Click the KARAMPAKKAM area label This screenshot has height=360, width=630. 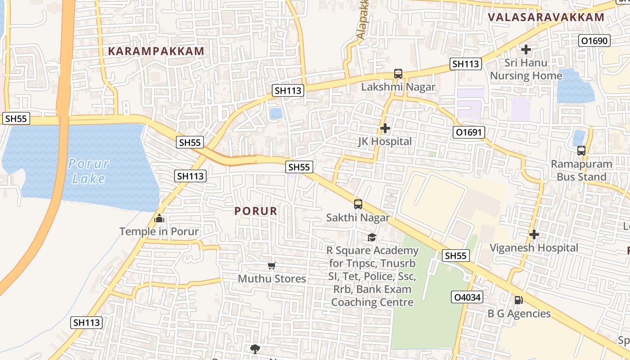(x=156, y=51)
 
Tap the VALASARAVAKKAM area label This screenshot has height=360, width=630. (x=546, y=18)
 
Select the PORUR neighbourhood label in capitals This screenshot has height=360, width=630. (x=256, y=211)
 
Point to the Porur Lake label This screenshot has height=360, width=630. (x=89, y=171)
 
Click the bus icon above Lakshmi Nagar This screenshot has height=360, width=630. (x=398, y=74)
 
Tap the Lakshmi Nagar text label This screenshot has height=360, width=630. (x=398, y=87)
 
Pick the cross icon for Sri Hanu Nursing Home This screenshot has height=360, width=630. (x=526, y=49)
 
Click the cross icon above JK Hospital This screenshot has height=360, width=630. (x=385, y=129)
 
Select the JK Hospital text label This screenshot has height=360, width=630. (x=385, y=141)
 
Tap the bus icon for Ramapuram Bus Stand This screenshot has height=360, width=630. (x=581, y=151)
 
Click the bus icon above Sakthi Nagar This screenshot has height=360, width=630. (x=358, y=204)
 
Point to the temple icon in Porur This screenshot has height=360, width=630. (x=159, y=219)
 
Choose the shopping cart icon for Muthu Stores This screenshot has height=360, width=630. (x=271, y=266)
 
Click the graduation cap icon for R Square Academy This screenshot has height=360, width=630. (x=372, y=237)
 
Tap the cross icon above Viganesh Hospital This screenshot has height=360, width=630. (x=534, y=234)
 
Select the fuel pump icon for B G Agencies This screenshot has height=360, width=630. (x=518, y=300)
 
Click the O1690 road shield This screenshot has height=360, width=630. (x=594, y=41)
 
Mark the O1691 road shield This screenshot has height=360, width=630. (x=468, y=132)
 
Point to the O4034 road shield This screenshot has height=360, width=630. (x=467, y=297)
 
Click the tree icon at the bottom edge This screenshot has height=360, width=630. (x=255, y=349)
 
